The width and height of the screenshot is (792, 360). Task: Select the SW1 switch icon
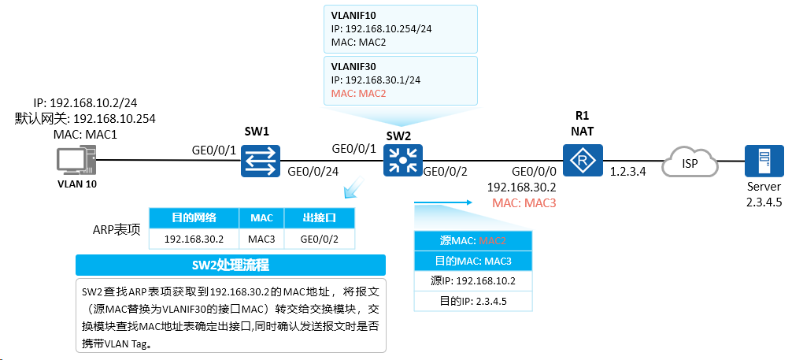260,161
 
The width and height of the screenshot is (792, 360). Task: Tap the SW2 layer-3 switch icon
402,160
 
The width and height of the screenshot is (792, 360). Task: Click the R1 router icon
583,161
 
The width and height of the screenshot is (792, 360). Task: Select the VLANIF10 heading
353,14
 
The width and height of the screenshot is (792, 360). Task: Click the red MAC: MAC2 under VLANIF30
359,94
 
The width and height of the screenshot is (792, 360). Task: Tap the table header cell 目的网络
194,218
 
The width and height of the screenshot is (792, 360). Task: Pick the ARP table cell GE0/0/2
319,239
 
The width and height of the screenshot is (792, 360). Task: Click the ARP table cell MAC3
261,239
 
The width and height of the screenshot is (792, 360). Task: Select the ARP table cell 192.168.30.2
194,239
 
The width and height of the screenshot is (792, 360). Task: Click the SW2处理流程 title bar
231,265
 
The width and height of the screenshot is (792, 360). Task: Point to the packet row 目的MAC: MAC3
473,262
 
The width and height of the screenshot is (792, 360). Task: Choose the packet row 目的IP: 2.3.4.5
473,302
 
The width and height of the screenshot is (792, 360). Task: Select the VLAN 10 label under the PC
77,184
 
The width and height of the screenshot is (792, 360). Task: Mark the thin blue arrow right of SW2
442,202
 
